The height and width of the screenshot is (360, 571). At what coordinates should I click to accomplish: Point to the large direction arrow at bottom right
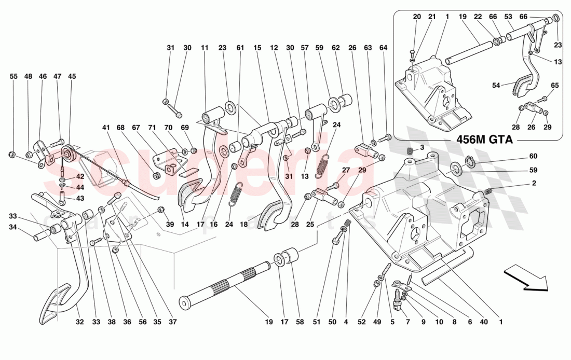(525, 278)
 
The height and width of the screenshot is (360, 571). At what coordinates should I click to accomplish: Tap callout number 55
(13, 76)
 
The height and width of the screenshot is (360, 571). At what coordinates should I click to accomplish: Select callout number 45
(72, 76)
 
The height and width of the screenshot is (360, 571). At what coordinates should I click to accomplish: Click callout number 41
(106, 128)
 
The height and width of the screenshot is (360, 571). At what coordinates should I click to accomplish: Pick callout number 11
(205, 48)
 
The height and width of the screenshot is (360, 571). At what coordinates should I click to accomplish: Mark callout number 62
(335, 48)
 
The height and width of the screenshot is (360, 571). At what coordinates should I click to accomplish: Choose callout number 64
(383, 48)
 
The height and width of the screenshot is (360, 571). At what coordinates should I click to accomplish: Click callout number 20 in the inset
(417, 17)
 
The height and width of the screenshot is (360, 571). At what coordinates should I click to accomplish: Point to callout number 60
(534, 156)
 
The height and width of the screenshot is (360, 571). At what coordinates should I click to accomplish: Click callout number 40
(484, 322)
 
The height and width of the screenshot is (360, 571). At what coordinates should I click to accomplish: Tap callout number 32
(79, 322)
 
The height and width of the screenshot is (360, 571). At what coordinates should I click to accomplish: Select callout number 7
(407, 322)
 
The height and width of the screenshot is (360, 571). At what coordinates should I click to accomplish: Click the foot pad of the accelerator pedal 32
(55, 302)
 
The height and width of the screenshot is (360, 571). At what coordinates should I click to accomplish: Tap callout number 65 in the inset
(555, 85)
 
